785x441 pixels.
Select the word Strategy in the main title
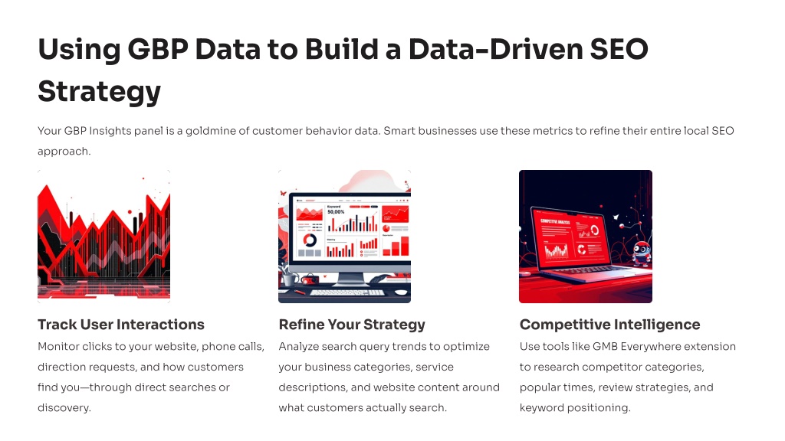tap(99, 92)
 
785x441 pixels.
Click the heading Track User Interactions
tap(121, 325)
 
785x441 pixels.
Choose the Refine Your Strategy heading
tap(352, 325)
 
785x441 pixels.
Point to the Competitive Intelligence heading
tap(609, 325)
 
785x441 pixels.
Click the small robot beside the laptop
tap(642, 253)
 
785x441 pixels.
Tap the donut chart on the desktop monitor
tap(310, 240)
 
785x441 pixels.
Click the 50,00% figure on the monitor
tap(336, 212)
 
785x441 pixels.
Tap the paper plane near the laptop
tap(616, 217)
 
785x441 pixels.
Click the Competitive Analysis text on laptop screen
tap(555, 221)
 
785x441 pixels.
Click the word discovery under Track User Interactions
tap(64, 408)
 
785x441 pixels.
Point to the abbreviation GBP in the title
tap(158, 50)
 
